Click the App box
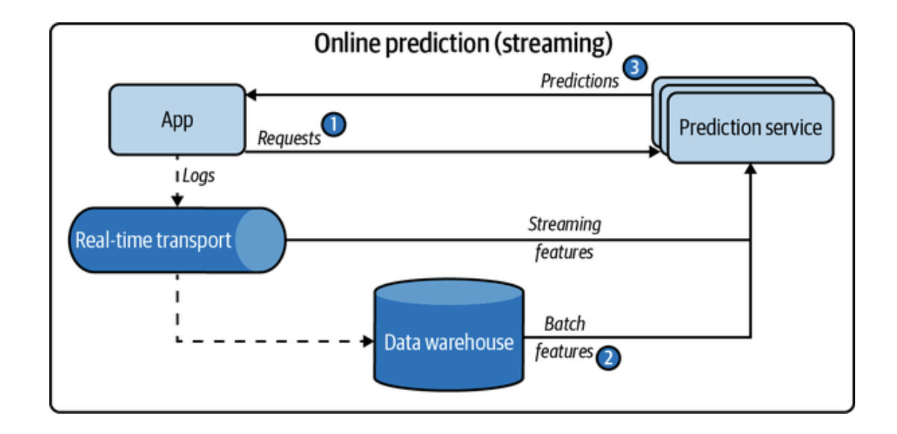(x=177, y=119)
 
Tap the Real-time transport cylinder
(x=177, y=240)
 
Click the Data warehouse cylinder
(x=449, y=334)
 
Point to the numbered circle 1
(x=334, y=125)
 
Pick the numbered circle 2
(x=608, y=358)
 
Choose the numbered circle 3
(x=635, y=67)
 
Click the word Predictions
(x=579, y=81)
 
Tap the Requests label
(x=289, y=139)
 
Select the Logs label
(x=199, y=176)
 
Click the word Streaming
(x=565, y=224)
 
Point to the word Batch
(x=565, y=324)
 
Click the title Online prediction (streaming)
(x=463, y=43)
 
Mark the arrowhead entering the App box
(x=251, y=95)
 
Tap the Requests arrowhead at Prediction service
(x=654, y=151)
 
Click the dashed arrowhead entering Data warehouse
(x=368, y=342)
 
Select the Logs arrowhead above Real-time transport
(x=178, y=201)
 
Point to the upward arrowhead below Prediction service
(x=751, y=169)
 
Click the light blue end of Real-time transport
(x=260, y=240)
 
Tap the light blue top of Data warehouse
(x=449, y=292)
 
